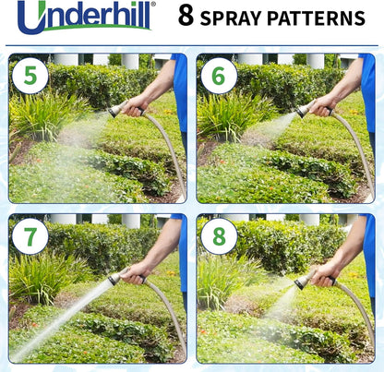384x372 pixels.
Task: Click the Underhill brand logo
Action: tap(86, 16)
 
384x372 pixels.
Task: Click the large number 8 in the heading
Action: tap(186, 17)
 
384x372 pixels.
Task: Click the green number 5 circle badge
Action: tap(30, 75)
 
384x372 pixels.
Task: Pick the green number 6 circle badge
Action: tap(218, 75)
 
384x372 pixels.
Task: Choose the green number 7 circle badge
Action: tap(30, 236)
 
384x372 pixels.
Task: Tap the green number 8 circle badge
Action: tap(218, 236)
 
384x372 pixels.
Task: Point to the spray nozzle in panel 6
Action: tap(303, 111)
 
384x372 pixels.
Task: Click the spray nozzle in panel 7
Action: tap(114, 277)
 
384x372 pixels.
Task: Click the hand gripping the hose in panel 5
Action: tap(136, 103)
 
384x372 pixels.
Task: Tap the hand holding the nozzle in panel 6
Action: tap(324, 103)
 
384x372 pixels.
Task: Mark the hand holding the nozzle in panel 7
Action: tap(136, 271)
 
